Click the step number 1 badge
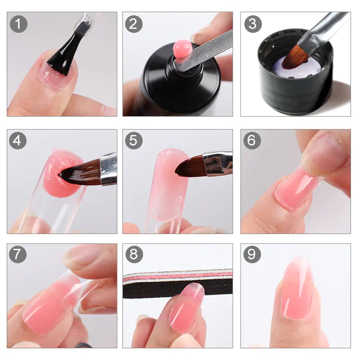pyautogui.click(x=18, y=24)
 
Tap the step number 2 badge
pyautogui.click(x=134, y=24)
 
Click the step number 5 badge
pyautogui.click(x=134, y=141)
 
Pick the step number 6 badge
pyautogui.click(x=252, y=141)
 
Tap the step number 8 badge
pyautogui.click(x=134, y=255)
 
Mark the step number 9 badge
pyautogui.click(x=252, y=255)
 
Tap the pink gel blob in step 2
pyautogui.click(x=182, y=48)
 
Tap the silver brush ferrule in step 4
pyautogui.click(x=108, y=169)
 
